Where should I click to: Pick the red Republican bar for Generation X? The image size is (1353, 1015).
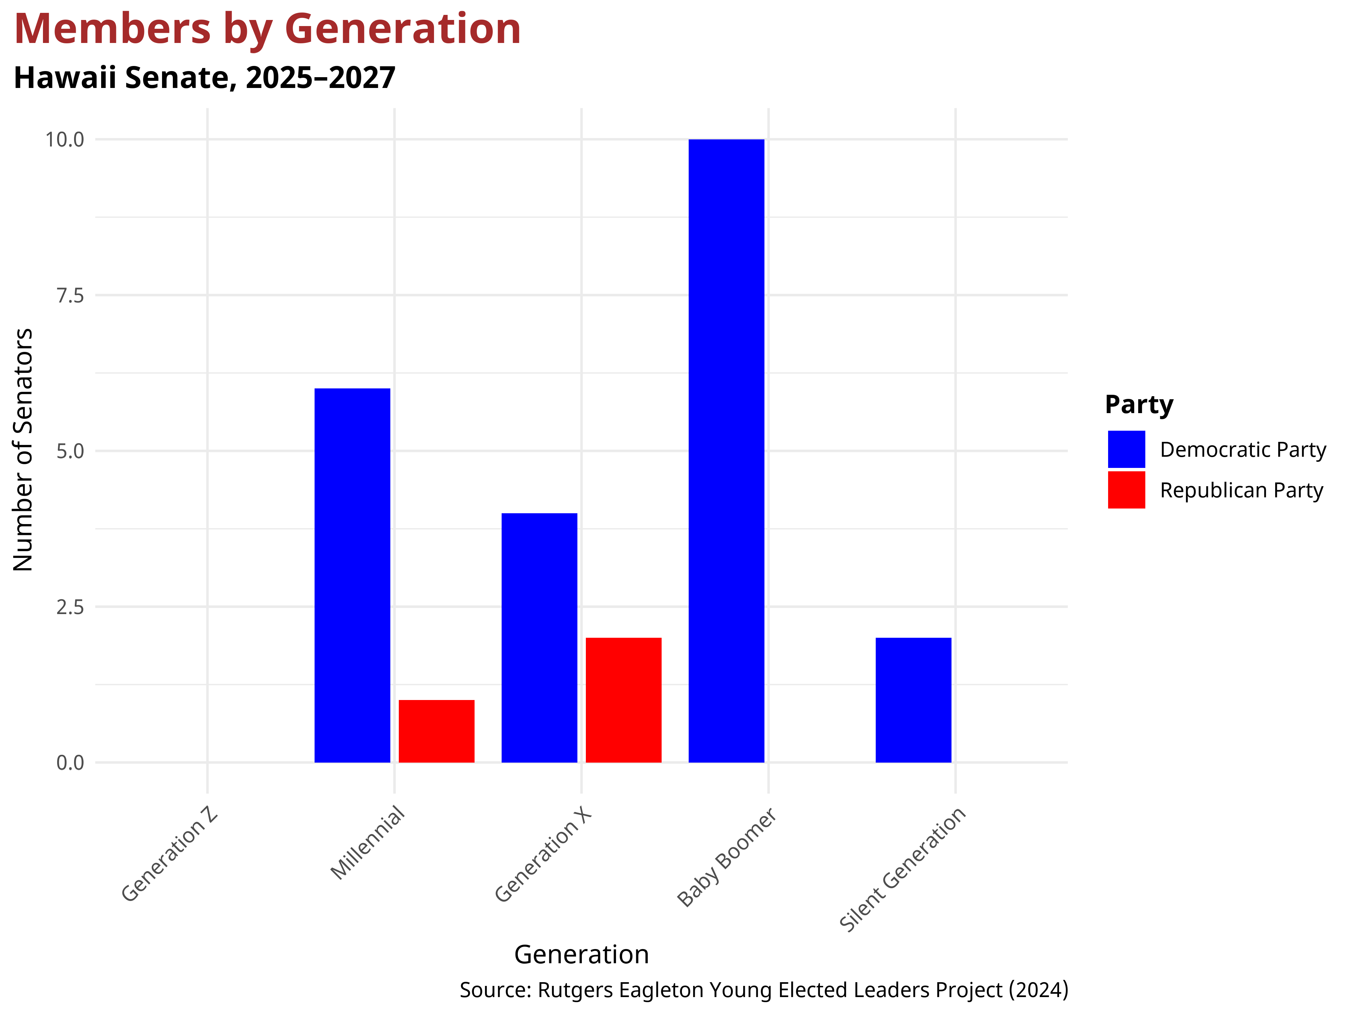[x=623, y=700]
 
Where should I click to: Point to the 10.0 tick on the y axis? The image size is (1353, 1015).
[x=65, y=139]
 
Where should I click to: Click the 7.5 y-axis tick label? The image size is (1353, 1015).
[x=70, y=295]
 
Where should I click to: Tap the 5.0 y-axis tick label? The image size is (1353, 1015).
[x=70, y=452]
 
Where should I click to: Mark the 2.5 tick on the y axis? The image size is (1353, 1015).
[x=70, y=607]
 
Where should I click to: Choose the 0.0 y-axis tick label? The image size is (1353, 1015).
[x=70, y=763]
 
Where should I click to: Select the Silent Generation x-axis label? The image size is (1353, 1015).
[x=902, y=869]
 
